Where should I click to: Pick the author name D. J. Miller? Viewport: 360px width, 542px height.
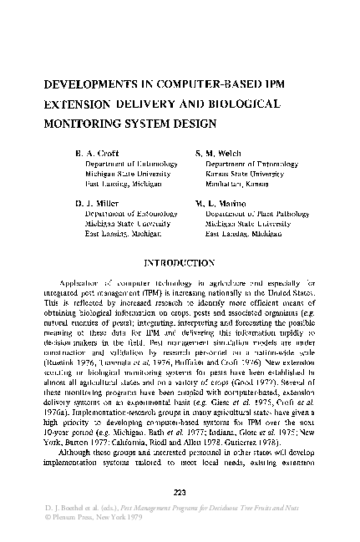coord(96,203)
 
